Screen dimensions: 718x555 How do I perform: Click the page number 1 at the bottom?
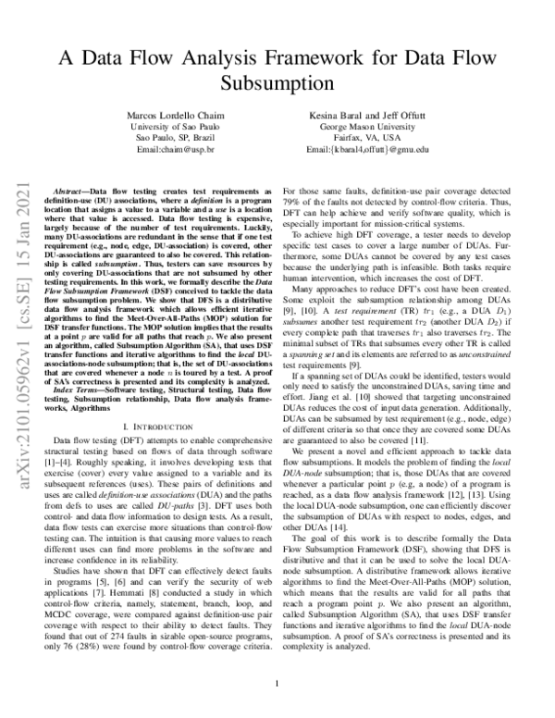277,686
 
